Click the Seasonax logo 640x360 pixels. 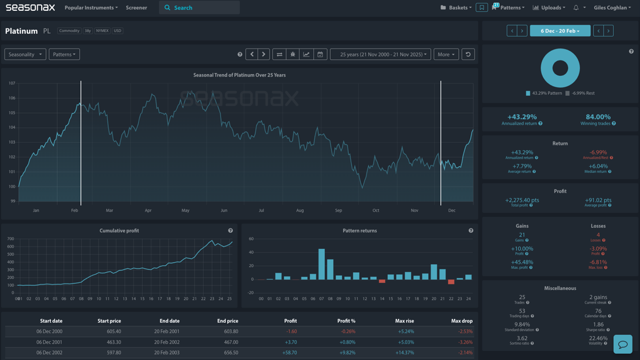[30, 7]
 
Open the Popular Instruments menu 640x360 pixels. [91, 7]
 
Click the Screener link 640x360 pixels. [136, 7]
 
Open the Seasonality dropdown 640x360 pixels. [25, 54]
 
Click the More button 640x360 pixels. [446, 54]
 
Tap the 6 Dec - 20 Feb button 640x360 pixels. [560, 31]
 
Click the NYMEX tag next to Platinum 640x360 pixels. [102, 31]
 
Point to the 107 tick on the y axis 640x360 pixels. [12, 83]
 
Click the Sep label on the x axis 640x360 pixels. [338, 211]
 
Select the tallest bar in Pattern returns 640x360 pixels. [322, 264]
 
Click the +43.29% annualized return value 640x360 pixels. [522, 116]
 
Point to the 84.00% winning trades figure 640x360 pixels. [598, 116]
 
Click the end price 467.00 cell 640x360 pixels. [228, 342]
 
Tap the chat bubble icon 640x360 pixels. [623, 344]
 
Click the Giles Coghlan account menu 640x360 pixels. [612, 7]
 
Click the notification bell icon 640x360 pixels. [576, 7]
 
